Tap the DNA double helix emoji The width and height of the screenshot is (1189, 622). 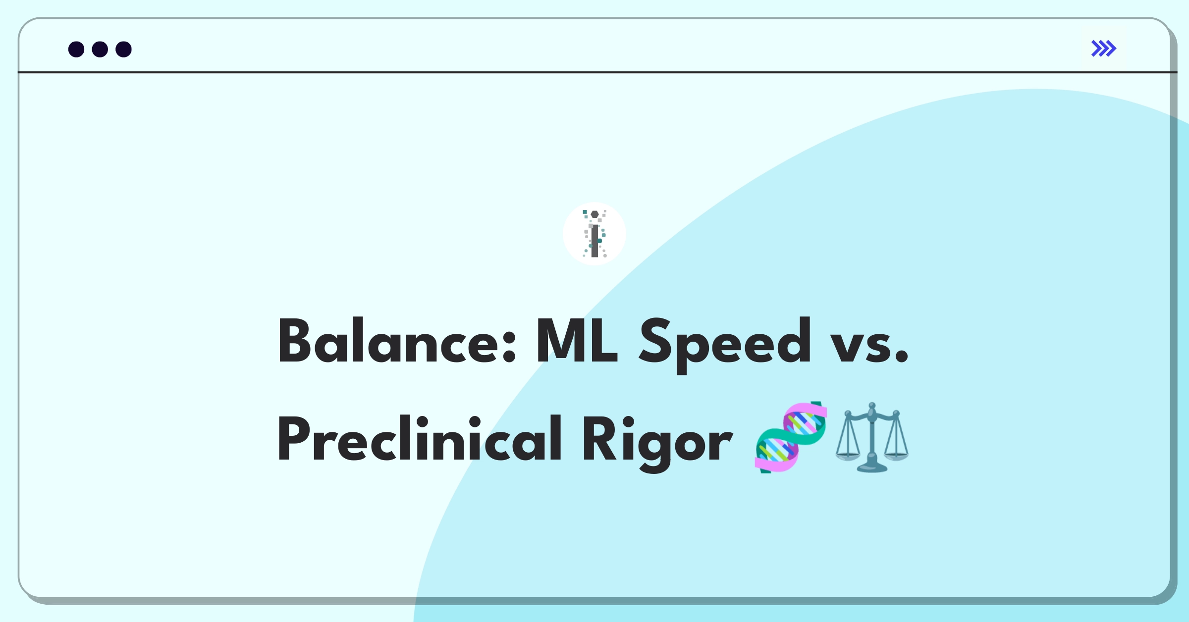791,437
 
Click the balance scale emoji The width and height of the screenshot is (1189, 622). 872,437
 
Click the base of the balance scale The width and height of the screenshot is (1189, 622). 872,467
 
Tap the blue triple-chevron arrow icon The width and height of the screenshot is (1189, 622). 1103,49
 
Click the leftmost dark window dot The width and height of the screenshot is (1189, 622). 76,50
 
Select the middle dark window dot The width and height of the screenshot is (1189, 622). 100,50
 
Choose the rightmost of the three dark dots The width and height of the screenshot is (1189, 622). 123,50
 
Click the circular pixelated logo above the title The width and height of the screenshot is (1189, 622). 594,234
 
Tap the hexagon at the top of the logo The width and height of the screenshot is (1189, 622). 594,214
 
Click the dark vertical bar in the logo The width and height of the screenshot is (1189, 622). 594,241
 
